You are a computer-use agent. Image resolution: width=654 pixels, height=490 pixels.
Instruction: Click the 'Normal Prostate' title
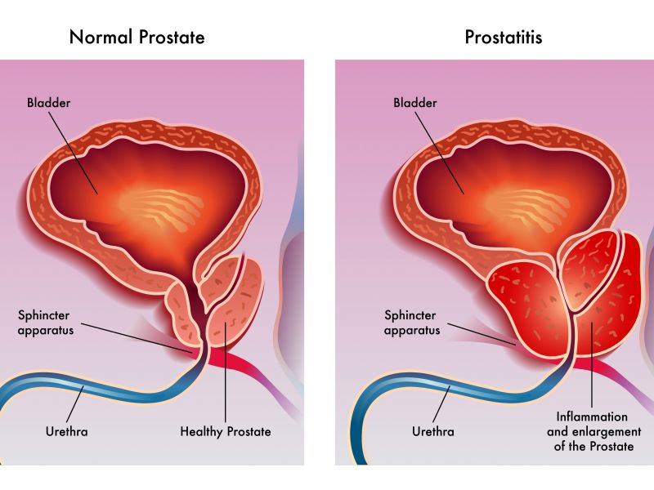(137, 37)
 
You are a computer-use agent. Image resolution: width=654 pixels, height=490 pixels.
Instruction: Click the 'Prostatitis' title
(504, 37)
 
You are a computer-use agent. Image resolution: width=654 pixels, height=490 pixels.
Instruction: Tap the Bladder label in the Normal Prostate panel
(49, 103)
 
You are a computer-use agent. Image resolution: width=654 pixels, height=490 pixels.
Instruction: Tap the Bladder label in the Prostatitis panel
(415, 103)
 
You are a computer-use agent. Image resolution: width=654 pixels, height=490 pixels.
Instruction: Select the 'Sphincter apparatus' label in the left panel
(46, 323)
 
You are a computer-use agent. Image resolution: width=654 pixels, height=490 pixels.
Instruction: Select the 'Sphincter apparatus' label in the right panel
(412, 323)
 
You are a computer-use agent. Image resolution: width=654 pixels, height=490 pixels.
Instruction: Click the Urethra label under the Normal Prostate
(67, 431)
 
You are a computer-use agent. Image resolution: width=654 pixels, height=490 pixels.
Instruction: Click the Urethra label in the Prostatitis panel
(433, 431)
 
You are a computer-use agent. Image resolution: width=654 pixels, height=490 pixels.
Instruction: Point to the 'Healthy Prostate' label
(226, 432)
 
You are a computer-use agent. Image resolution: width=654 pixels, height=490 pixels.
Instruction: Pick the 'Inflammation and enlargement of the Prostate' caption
(594, 432)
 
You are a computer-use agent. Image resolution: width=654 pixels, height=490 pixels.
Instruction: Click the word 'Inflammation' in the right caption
(592, 416)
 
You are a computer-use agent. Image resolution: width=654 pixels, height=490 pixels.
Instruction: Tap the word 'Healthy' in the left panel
(201, 432)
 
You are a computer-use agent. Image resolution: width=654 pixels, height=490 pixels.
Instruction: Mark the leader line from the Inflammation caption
(591, 364)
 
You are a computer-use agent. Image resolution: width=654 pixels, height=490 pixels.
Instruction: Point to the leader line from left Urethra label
(75, 404)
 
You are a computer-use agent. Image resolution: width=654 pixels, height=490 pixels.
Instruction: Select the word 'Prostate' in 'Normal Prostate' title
(172, 37)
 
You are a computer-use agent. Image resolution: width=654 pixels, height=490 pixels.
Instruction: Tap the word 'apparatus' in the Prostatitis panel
(412, 331)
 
